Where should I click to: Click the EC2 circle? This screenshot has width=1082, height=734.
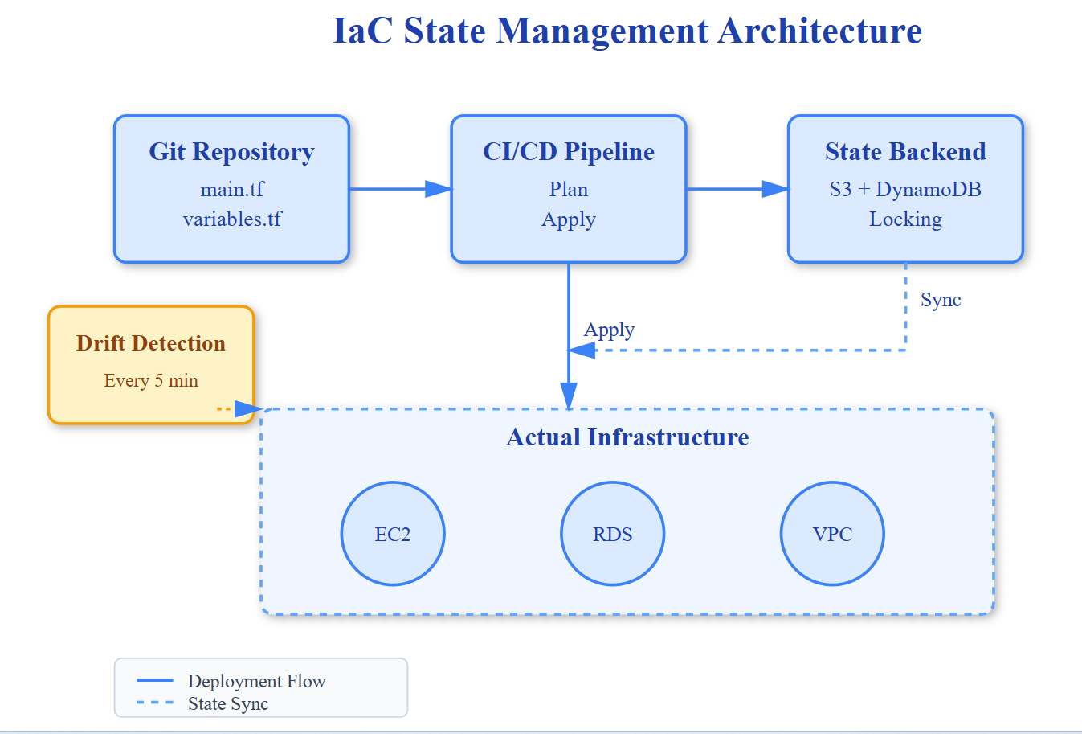(x=393, y=534)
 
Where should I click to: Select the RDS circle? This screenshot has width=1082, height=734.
(x=612, y=534)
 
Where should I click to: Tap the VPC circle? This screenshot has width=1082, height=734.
(x=832, y=534)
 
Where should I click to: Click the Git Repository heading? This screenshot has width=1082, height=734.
(x=231, y=152)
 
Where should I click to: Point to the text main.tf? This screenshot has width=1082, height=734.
(x=232, y=190)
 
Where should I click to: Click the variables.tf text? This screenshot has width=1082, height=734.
(x=232, y=219)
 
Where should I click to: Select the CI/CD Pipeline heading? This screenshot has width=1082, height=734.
(x=569, y=152)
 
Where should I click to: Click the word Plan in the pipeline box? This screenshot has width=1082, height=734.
(x=569, y=190)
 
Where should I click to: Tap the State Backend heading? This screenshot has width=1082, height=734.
(x=905, y=152)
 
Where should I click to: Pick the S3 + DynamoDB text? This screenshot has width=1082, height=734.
(x=905, y=190)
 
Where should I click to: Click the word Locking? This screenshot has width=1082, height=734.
(x=905, y=219)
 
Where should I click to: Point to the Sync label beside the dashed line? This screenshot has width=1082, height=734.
(x=941, y=300)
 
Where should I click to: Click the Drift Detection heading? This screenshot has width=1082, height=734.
(x=151, y=343)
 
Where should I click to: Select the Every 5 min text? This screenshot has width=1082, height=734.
(x=151, y=381)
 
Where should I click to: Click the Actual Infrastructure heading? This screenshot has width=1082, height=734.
(x=627, y=437)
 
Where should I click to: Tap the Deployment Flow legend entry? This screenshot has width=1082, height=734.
(x=256, y=682)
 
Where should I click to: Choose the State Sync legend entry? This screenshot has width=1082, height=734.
(x=228, y=704)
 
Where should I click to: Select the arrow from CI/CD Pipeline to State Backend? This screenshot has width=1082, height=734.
(x=737, y=189)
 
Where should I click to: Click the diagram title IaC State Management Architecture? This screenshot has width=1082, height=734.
(x=627, y=31)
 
